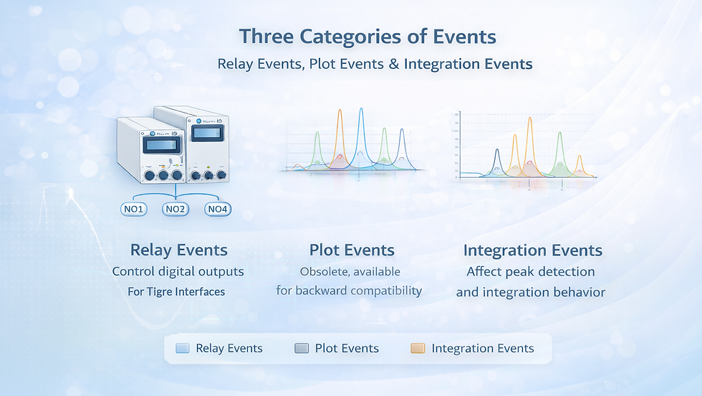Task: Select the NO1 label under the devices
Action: coord(133,209)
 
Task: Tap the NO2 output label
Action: coord(175,209)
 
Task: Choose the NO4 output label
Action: coord(218,209)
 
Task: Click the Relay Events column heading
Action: coord(178,250)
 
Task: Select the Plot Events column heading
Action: coord(352,250)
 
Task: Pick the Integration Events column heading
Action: coord(532,250)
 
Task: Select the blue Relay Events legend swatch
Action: coord(182,349)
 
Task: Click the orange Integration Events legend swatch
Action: coord(418,349)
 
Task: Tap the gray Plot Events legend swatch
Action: coord(302,349)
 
